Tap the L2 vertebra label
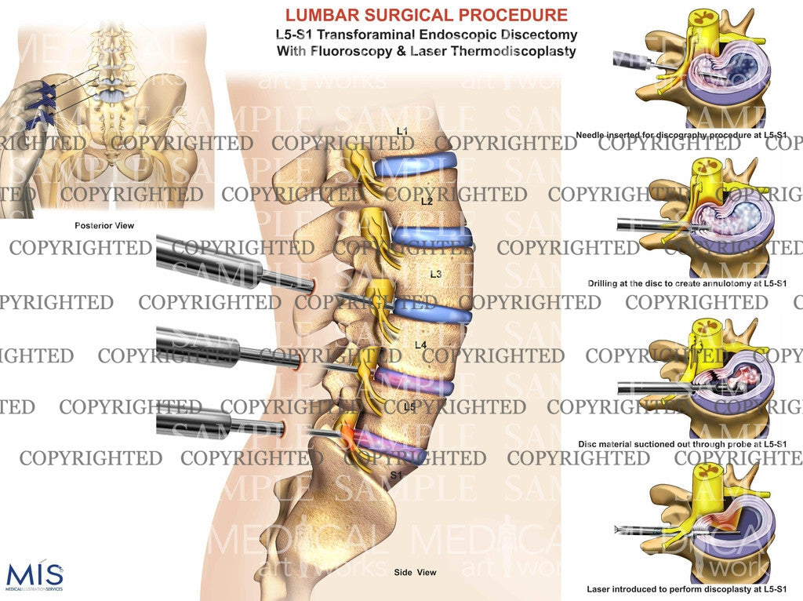coord(427,202)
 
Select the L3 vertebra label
coord(437,275)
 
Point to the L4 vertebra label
coord(420,345)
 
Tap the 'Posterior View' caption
coord(104,226)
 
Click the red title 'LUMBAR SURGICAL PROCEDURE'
coord(426,15)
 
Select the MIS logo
coord(34,575)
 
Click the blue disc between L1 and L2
coord(416,165)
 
